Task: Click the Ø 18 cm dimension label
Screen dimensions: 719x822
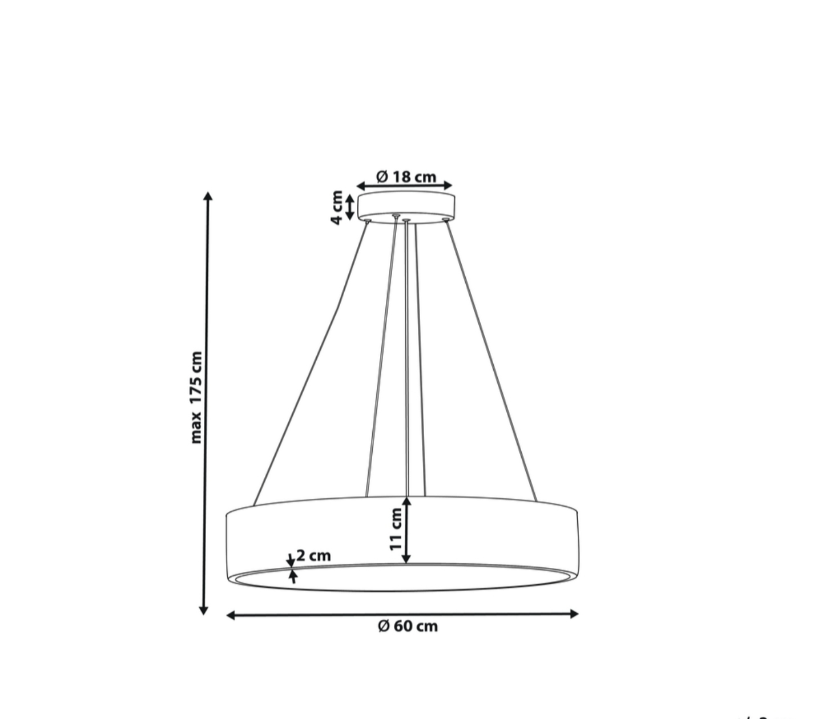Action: click(x=406, y=176)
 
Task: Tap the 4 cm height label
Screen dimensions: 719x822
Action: click(x=337, y=207)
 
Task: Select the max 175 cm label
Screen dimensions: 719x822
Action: click(x=196, y=397)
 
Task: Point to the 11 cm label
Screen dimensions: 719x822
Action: click(x=396, y=530)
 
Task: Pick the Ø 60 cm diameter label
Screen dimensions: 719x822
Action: click(x=408, y=626)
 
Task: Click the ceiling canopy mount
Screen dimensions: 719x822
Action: click(x=406, y=205)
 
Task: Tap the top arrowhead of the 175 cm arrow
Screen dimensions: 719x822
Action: click(x=208, y=196)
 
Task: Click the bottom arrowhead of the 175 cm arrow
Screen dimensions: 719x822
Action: click(x=203, y=610)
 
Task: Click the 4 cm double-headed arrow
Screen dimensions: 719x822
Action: click(x=349, y=207)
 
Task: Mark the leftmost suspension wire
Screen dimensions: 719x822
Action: click(x=308, y=365)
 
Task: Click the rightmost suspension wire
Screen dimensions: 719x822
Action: click(x=491, y=359)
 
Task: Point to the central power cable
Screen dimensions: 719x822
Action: click(x=406, y=354)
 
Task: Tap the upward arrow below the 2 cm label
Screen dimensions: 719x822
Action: click(x=293, y=576)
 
